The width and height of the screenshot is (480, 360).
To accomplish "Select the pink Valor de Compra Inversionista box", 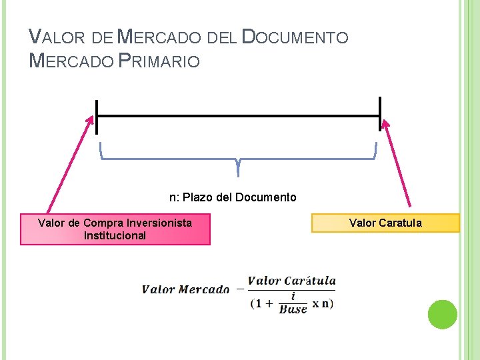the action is point(115,229).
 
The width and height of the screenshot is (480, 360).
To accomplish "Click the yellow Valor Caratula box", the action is point(385,223).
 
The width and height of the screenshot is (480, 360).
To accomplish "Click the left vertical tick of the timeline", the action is point(97,117).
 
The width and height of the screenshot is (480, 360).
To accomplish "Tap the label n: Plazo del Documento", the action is point(233,197).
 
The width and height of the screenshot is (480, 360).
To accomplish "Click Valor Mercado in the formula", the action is point(185,289).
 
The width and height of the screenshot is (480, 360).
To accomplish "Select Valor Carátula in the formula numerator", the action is point(291,281).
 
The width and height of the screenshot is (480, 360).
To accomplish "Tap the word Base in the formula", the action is point(293,309).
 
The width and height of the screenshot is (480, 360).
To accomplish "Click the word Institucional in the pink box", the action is point(115,235).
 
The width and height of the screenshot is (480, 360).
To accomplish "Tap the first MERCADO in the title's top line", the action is point(161,37).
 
